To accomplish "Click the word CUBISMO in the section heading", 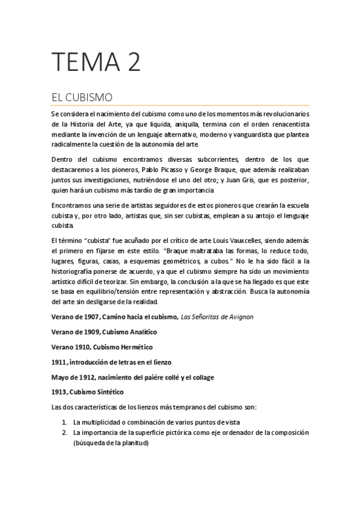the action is [86, 97].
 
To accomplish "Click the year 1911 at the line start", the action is [59, 362].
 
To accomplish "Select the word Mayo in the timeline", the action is [60, 377].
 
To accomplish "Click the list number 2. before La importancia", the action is [64, 432].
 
